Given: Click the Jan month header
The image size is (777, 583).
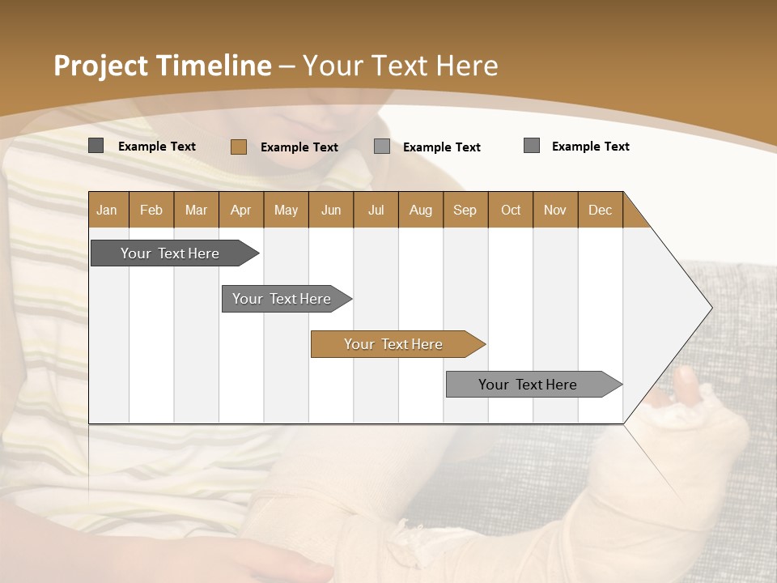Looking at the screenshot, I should [108, 210].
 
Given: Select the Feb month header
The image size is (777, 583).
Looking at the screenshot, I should [151, 210].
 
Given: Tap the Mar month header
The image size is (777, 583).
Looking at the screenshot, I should [196, 210].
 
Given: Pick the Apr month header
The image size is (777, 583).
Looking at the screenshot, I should [240, 210].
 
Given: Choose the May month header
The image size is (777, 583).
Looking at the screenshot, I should [286, 210].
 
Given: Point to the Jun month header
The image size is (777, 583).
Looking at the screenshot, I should [331, 210].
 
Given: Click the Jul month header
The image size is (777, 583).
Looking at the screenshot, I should [376, 210].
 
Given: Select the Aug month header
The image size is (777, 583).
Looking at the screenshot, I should [420, 210].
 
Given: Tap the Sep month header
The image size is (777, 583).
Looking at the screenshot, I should [465, 210].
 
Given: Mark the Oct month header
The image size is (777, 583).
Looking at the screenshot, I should [511, 210].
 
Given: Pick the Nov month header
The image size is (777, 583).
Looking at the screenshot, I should [555, 210].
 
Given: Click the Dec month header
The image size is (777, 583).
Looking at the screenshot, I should [600, 210].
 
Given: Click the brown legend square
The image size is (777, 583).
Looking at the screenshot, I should [239, 147].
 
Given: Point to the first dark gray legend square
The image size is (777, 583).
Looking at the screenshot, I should [96, 146].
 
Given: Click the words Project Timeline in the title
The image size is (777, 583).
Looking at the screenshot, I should [163, 66].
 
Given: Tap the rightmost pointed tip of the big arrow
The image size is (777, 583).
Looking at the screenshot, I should [711, 308].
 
